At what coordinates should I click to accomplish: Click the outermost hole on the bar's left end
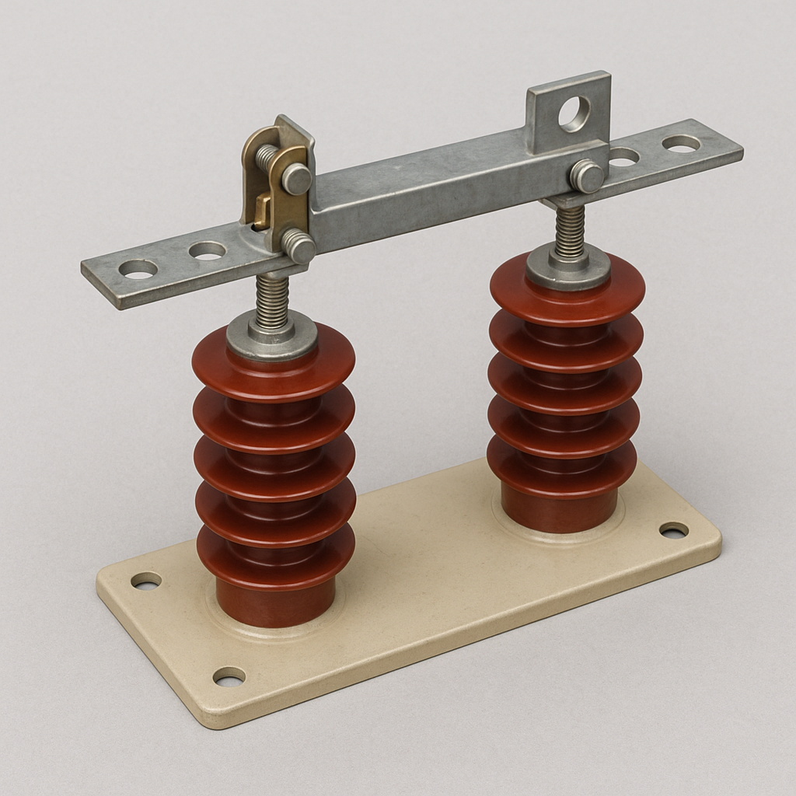pyautogui.click(x=138, y=269)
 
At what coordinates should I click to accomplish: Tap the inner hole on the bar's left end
pyautogui.click(x=207, y=250)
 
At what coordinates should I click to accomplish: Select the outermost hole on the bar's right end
pyautogui.click(x=681, y=143)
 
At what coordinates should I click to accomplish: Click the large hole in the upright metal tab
pyautogui.click(x=574, y=113)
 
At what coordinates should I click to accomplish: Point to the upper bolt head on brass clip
pyautogui.click(x=296, y=179)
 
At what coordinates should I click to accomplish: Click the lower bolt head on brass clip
pyautogui.click(x=298, y=246)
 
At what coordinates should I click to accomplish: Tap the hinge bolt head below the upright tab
pyautogui.click(x=587, y=176)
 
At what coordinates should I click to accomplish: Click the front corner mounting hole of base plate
pyautogui.click(x=229, y=676)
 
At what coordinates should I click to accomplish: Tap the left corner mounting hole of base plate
pyautogui.click(x=146, y=580)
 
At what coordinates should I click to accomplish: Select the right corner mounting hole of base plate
pyautogui.click(x=673, y=530)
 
